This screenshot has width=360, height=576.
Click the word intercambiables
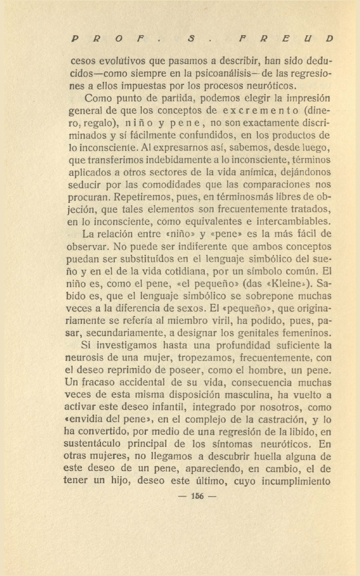point(291,221)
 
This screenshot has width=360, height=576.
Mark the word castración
point(269,408)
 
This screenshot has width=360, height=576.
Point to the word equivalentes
point(216,221)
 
